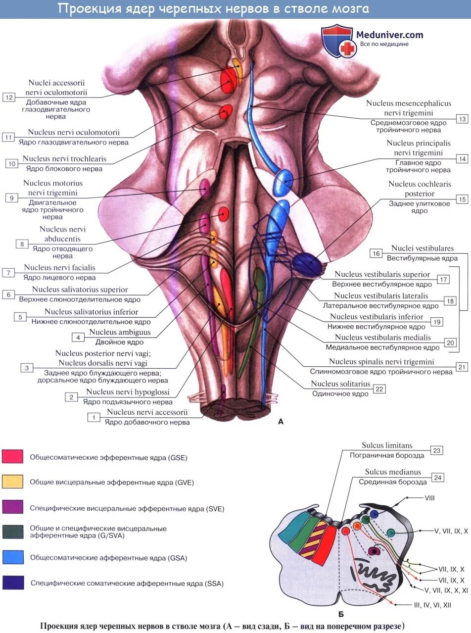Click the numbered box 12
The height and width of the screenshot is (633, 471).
point(9,97)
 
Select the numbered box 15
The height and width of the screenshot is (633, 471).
point(462,199)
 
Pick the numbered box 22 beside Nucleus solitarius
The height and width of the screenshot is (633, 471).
point(379,389)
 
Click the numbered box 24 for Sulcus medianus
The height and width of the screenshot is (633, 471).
point(437,478)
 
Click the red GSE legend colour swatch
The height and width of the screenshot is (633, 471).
point(12,456)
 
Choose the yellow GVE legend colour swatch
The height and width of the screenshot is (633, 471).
point(12,482)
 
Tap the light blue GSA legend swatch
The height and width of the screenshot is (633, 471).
point(12,557)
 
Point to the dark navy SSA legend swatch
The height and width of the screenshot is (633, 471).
point(12,583)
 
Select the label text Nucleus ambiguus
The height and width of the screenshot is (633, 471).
point(120,333)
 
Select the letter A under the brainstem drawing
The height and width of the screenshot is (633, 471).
point(281,422)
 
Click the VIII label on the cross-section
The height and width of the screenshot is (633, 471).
point(429,498)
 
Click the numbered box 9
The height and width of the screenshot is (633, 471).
point(11,198)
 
